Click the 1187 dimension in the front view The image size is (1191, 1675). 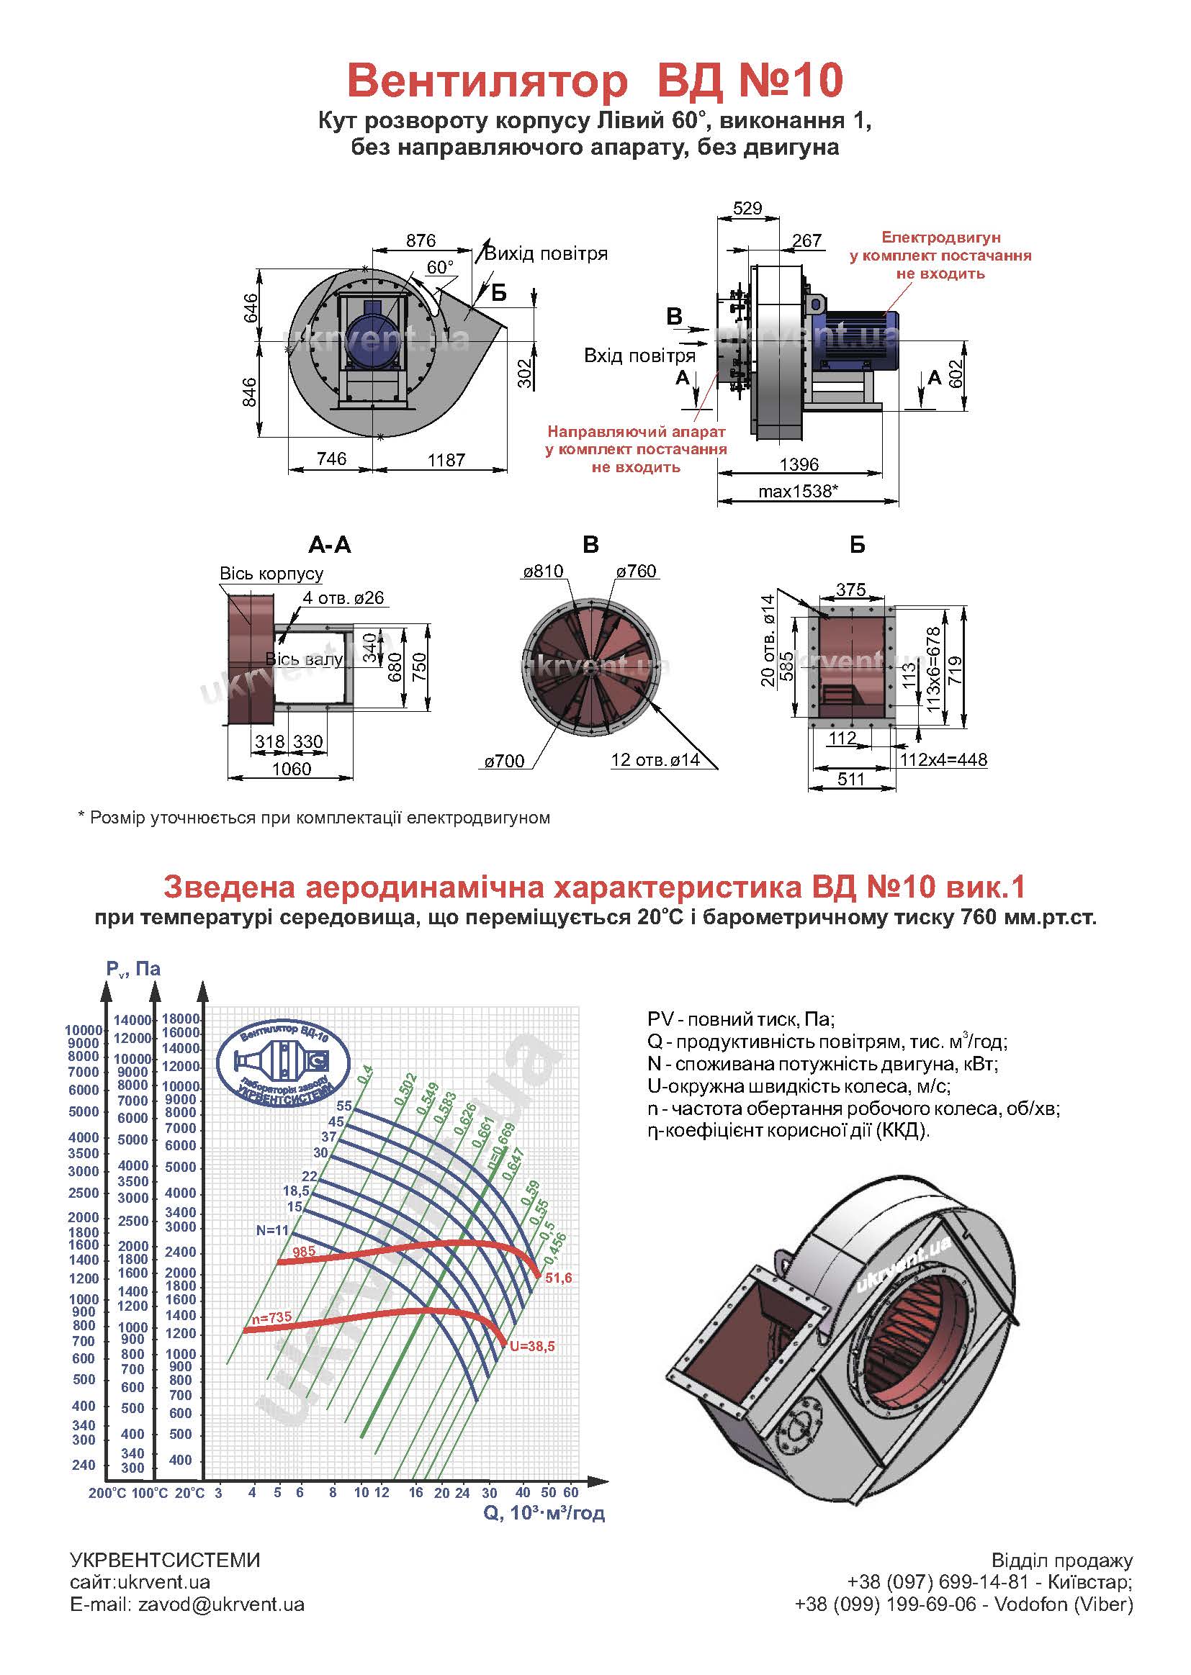446,460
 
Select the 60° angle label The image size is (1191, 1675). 440,267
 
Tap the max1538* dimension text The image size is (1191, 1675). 796,491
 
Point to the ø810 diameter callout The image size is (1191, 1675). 543,572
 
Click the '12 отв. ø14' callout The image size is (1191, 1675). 655,760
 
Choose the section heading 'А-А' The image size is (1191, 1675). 329,545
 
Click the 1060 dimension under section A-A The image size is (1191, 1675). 291,769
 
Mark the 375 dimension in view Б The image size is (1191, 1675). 850,590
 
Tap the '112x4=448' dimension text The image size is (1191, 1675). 943,760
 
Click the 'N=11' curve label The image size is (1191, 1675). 272,1231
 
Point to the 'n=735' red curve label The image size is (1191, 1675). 271,1317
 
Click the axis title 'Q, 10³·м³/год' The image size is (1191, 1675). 544,1512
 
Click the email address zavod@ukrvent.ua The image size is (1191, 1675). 222,1604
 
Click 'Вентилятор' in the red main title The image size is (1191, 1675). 487,81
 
